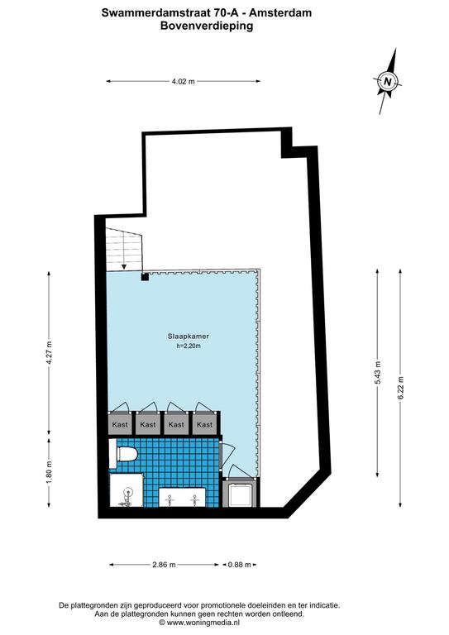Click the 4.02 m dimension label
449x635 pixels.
click(183, 81)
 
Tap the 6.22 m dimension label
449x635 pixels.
click(401, 389)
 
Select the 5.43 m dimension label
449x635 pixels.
click(378, 373)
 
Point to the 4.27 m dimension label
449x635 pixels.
click(50, 353)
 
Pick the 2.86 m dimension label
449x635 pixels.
click(164, 565)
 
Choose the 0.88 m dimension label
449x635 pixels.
click(239, 565)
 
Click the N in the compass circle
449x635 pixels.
click(388, 81)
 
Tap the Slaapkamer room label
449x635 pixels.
click(189, 337)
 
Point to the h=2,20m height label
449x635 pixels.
click(189, 346)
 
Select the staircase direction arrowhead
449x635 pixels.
click(124, 266)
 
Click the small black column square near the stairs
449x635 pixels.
click(145, 277)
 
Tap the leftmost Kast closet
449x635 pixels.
click(120, 423)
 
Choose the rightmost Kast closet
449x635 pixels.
click(204, 423)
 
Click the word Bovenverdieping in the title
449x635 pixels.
click(207, 26)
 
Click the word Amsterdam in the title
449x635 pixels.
click(280, 13)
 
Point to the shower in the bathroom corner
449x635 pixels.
click(127, 490)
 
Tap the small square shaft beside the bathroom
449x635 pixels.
click(240, 494)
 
